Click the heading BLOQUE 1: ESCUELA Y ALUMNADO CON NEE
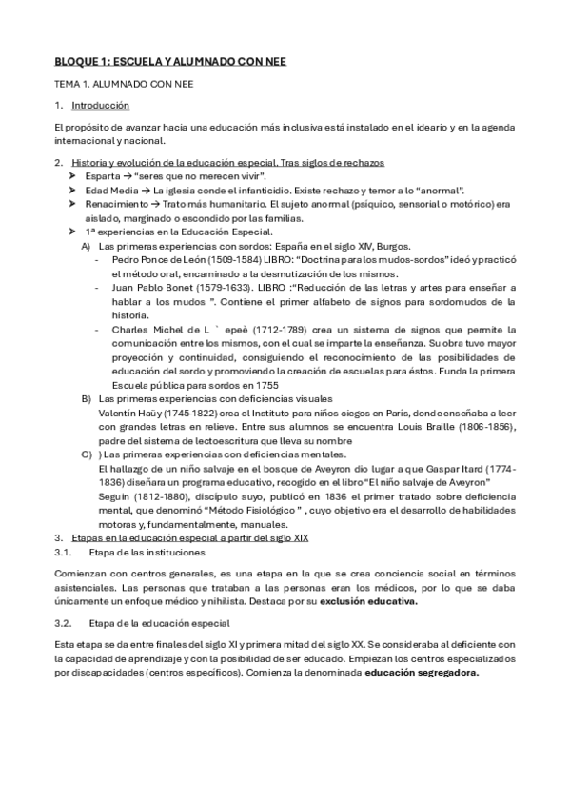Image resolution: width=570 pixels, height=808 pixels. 169,62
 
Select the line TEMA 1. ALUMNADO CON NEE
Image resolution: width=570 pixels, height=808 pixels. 124,84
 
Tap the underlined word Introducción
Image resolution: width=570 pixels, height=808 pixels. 101,105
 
